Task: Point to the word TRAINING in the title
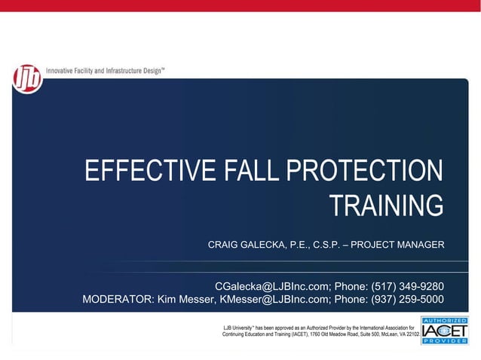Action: [x=387, y=205]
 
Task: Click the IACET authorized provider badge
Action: [x=445, y=330]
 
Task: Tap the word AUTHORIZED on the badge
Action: [x=445, y=319]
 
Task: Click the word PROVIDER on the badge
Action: [x=445, y=341]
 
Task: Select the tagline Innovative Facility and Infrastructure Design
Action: [x=106, y=69]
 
